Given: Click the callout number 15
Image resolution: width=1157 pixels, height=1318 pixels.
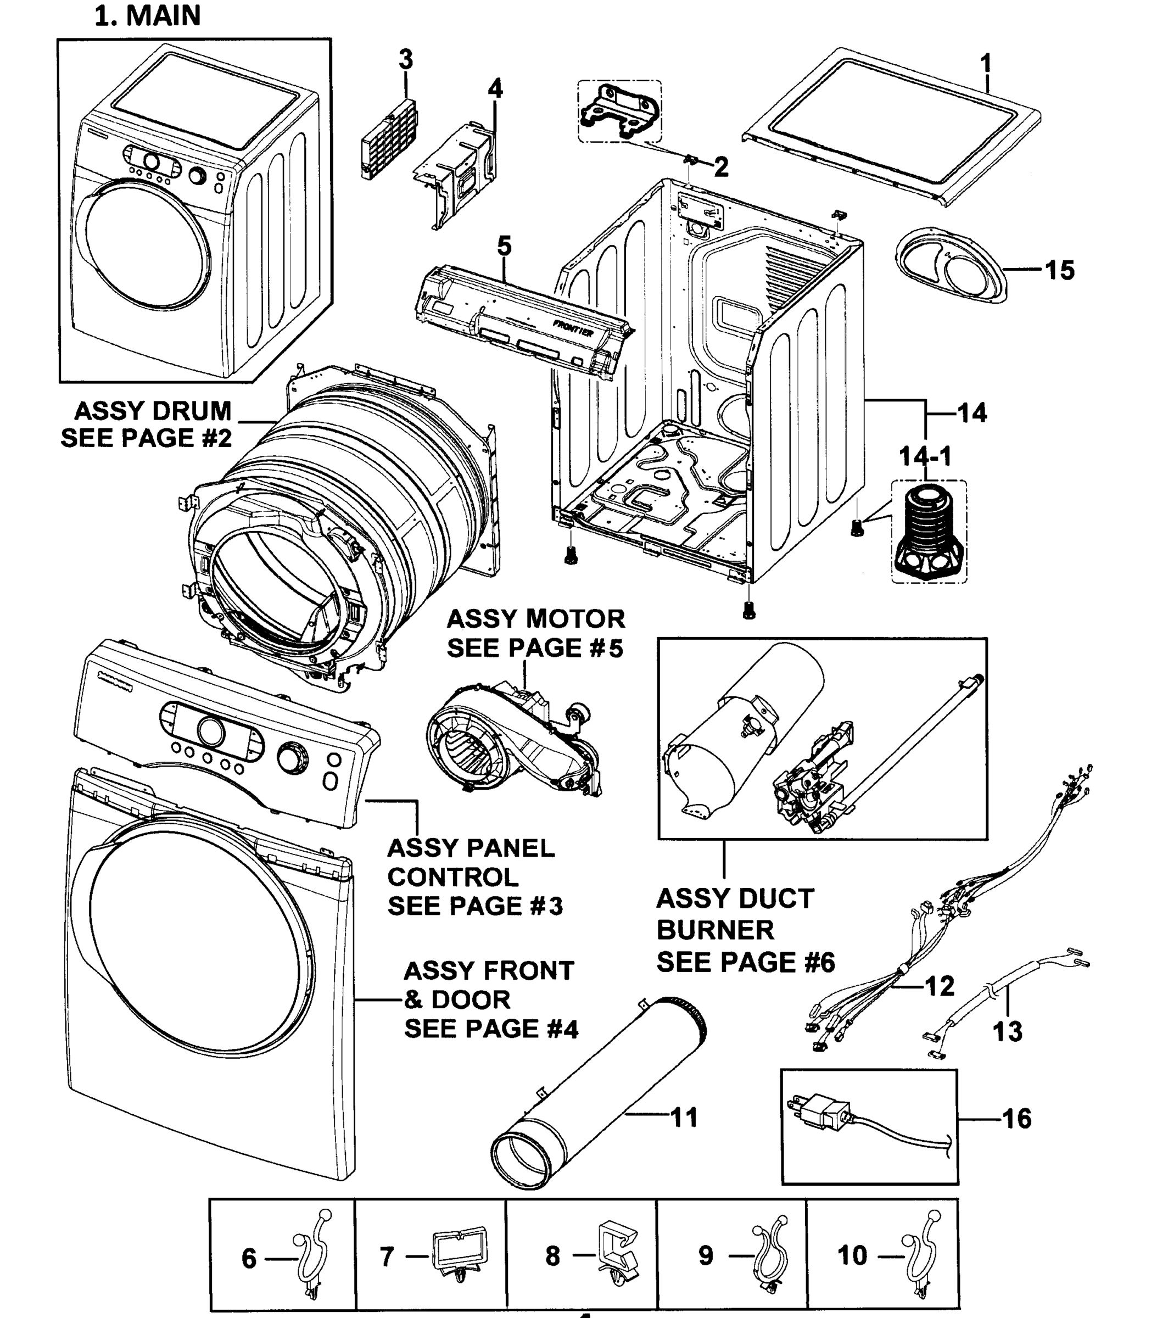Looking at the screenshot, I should point(1060,270).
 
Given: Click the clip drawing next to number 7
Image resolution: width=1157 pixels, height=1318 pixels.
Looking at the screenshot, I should point(459,1254).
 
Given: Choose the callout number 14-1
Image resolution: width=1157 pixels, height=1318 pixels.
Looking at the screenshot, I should point(925,456).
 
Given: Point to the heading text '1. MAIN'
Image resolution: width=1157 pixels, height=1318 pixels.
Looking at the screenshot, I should point(148,15).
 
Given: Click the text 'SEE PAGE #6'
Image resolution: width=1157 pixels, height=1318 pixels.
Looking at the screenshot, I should point(746,962).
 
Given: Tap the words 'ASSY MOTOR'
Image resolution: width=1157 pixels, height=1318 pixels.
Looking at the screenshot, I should point(535,619).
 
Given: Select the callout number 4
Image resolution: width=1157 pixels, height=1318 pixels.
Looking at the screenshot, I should point(495,88).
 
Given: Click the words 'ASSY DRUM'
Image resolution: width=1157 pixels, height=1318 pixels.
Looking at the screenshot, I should point(153,411).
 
